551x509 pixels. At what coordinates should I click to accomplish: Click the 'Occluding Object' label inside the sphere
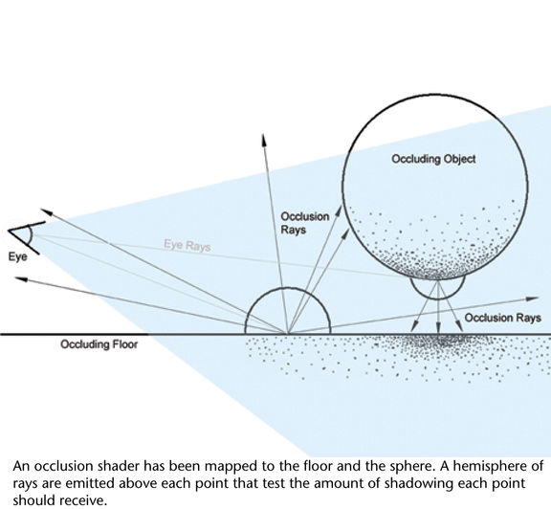[433, 159]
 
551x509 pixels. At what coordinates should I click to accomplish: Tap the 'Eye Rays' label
[187, 245]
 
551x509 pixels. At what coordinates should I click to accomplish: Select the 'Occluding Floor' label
[99, 344]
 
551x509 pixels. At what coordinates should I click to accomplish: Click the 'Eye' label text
[17, 257]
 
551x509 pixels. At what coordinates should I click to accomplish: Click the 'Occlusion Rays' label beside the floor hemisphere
[304, 223]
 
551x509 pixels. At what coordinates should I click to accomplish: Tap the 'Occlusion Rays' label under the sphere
[502, 318]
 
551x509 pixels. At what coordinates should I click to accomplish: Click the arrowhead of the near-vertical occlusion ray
[264, 140]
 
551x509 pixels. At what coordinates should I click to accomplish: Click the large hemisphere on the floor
[288, 288]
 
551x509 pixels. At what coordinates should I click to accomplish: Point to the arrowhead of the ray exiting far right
[533, 299]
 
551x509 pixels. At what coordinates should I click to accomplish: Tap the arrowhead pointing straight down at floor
[438, 328]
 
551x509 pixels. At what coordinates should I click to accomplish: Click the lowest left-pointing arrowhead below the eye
[21, 278]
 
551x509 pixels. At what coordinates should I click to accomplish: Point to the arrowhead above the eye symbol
[47, 212]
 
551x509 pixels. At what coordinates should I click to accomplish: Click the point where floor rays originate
[288, 334]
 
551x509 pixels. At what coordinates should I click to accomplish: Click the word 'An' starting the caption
[21, 467]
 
